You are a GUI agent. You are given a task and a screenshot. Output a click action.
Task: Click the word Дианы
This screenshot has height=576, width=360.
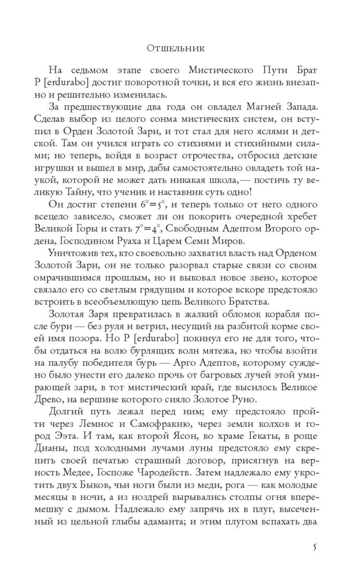pos(61,450)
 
